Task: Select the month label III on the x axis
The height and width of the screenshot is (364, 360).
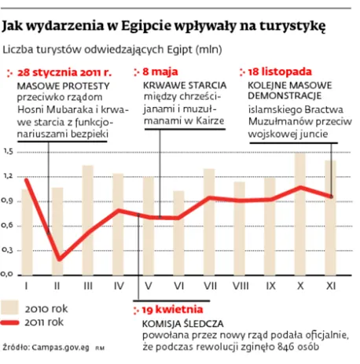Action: [x=88, y=285]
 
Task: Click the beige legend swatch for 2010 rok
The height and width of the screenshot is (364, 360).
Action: [x=13, y=307]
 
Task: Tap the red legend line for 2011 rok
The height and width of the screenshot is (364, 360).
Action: [x=13, y=323]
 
